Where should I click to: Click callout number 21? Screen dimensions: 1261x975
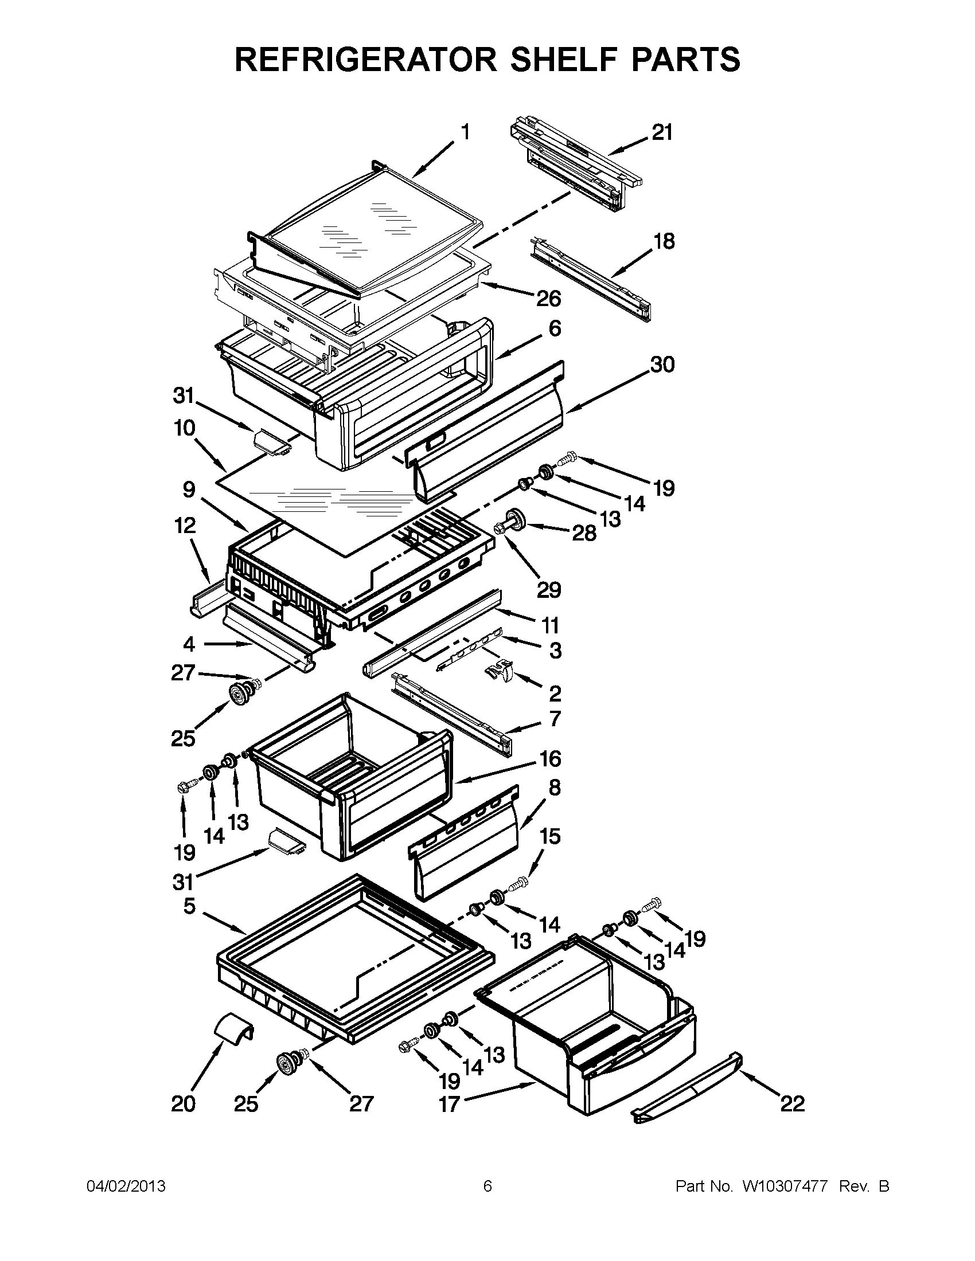[x=662, y=133]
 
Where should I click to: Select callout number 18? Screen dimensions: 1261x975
[x=664, y=241]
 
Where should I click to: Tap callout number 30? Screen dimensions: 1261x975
[x=662, y=365]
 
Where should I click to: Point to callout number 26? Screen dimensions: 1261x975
[x=548, y=299]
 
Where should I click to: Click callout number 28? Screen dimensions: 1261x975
[x=583, y=533]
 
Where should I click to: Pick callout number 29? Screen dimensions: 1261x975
[x=548, y=589]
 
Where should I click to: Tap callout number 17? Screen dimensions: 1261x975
[x=449, y=1104]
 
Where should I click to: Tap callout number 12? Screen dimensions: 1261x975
[x=184, y=526]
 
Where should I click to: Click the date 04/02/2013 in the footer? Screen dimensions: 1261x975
[x=126, y=1186]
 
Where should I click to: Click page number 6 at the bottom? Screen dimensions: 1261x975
[x=487, y=1186]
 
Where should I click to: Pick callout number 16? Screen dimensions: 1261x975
[x=550, y=758]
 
